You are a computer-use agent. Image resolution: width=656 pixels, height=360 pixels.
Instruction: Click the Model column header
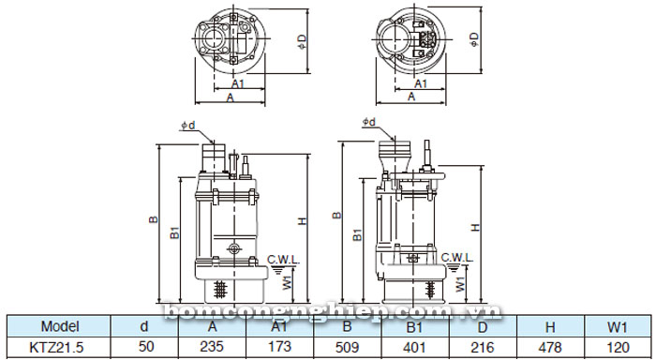tap(59, 326)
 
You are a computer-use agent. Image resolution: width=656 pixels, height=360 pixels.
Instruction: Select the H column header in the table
tap(550, 326)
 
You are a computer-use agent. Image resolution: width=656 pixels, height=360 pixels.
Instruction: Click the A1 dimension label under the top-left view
tap(212, 83)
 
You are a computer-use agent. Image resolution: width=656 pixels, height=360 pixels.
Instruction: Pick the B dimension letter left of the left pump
tap(153, 221)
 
